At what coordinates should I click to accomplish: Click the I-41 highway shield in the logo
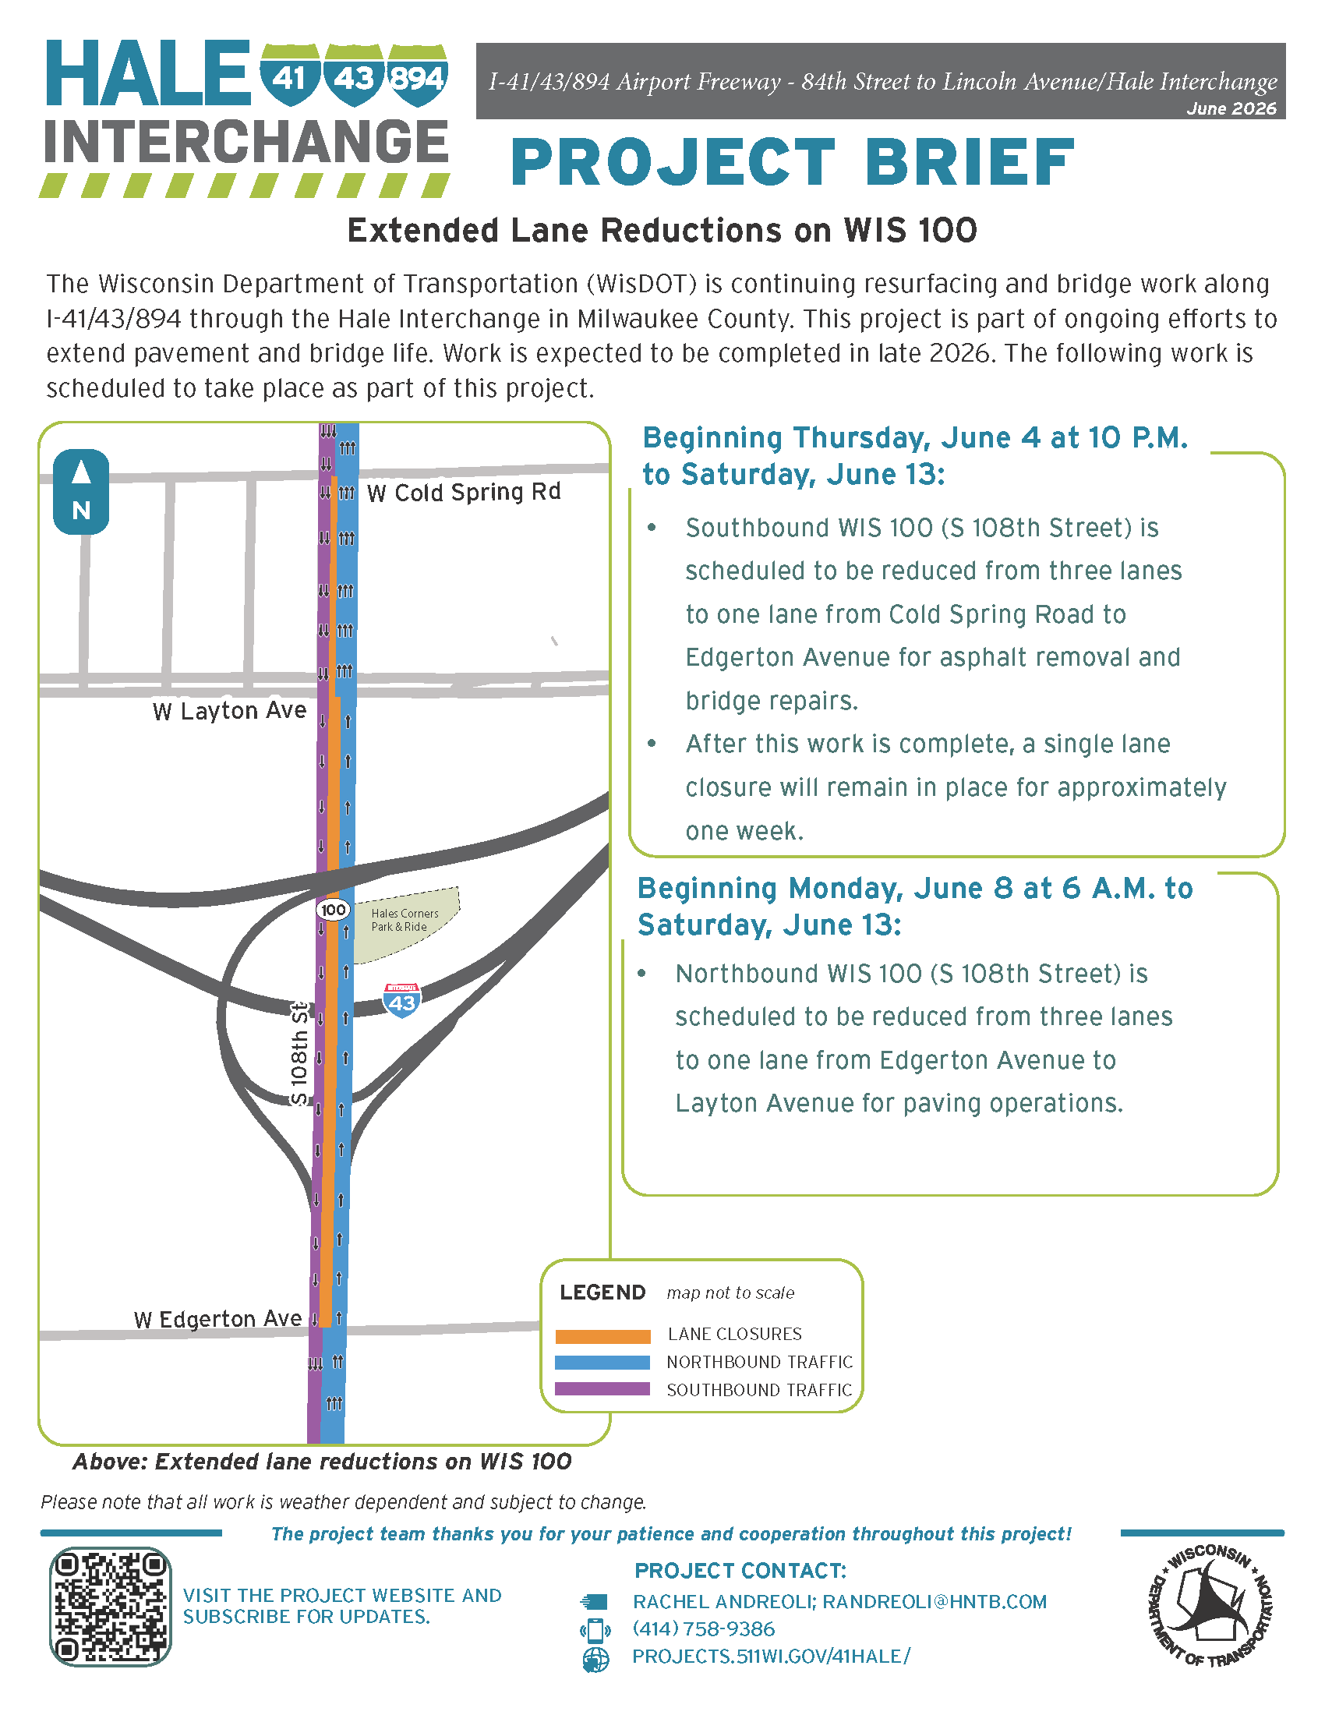(290, 75)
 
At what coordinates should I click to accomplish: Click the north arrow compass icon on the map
(81, 492)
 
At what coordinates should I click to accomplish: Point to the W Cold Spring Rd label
(464, 493)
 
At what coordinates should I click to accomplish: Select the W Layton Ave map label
(229, 711)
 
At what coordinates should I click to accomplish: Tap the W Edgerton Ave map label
(217, 1318)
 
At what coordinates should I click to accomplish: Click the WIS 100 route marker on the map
(333, 909)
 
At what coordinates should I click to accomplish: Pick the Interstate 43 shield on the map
(402, 1000)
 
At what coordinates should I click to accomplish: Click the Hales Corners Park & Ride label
(405, 920)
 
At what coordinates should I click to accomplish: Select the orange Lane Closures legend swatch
(602, 1335)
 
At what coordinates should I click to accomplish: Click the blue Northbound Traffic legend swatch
(602, 1363)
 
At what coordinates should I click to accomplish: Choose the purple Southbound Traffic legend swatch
(602, 1389)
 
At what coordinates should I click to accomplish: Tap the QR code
(110, 1607)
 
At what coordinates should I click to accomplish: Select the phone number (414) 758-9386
(703, 1628)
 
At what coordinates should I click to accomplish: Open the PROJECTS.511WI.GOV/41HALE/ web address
(772, 1656)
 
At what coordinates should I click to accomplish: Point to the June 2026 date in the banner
(1231, 108)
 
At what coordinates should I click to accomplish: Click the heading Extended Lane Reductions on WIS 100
(662, 230)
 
